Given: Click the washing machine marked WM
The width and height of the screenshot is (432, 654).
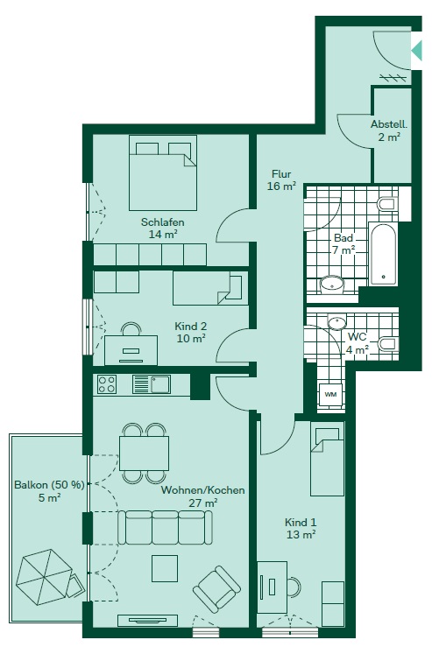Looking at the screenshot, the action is pos(330,394).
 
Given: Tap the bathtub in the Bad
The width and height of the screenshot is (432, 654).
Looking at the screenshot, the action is pos(382,255).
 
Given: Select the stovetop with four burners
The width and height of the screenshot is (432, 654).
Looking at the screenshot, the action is pos(106,384).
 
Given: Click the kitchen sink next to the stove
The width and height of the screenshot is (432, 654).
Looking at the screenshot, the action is pos(151,384).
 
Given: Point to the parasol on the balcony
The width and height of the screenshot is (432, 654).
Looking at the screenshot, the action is pos(44,577).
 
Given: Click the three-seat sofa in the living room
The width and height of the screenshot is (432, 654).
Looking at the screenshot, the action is pos(165,527).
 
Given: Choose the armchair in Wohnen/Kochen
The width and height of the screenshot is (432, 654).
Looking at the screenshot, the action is pos(217,588).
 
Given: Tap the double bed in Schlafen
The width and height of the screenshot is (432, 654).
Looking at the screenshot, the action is pos(163,172).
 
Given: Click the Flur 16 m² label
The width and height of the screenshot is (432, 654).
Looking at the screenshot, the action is pos(282,179).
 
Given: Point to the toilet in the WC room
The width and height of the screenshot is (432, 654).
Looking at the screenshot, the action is pos(387,344).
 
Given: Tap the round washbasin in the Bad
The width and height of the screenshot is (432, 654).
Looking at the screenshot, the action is pos(332,285).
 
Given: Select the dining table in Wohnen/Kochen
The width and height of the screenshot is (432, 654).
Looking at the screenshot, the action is pos(145,454).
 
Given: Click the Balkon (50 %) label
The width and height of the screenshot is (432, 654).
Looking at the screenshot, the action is pos(49,485).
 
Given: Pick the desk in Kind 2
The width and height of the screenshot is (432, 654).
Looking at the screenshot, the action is pos(131,349).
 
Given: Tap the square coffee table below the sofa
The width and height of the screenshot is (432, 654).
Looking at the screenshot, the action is pos(165,568).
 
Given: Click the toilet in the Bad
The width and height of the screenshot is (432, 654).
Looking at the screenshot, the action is pos(387,204).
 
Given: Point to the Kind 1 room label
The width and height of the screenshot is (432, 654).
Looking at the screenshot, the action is pos(301,528).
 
